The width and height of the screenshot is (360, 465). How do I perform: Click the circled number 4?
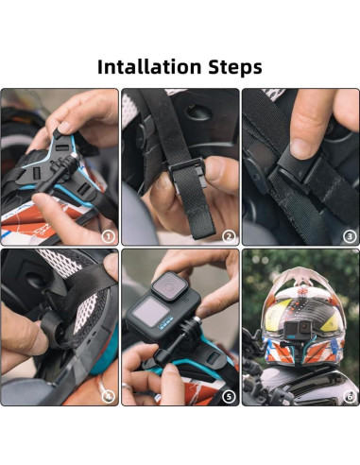pyautogui.click(x=108, y=395)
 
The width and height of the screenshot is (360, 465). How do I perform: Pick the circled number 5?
pyautogui.click(x=228, y=395)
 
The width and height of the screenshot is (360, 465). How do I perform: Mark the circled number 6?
pyautogui.click(x=349, y=395)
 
